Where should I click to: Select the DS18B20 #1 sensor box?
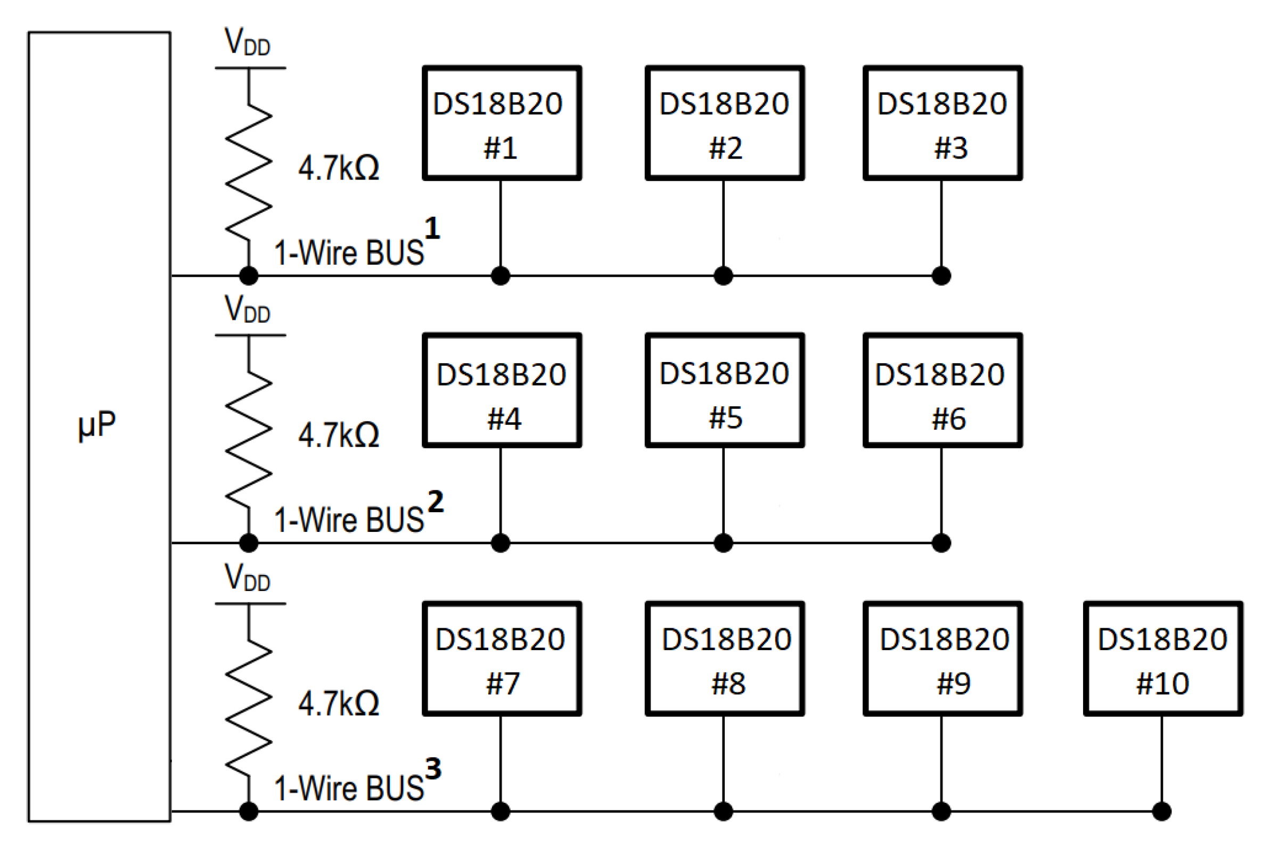(x=501, y=123)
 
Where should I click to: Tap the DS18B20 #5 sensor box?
(x=724, y=390)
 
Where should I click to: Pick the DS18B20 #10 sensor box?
(x=1163, y=658)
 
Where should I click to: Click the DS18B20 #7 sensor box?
(x=501, y=658)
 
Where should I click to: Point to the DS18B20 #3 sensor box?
(x=942, y=123)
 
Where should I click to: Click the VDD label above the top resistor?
(x=247, y=42)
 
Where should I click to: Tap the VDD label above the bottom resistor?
(x=247, y=577)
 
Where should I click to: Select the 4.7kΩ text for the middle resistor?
(x=339, y=435)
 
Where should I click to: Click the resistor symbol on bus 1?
(x=248, y=171)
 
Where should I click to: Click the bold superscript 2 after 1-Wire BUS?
(x=436, y=501)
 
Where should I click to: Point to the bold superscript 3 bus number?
(x=433, y=768)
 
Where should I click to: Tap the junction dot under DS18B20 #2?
(x=723, y=276)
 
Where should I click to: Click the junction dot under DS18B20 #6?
(x=941, y=543)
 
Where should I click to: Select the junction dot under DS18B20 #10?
(x=1161, y=811)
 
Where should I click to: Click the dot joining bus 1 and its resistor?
(x=248, y=276)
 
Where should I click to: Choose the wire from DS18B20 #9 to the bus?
(x=941, y=761)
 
